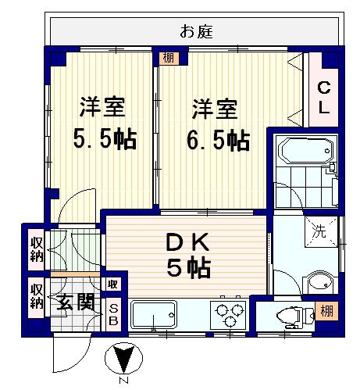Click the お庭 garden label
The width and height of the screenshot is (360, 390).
coord(197,31)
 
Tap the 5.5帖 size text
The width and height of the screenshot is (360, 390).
coord(105,139)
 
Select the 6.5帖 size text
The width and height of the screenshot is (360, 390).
coord(219,140)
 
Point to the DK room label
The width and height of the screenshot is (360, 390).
coord(187,242)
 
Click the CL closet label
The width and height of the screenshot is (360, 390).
coord(324,97)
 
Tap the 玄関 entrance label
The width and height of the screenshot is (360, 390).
coord(76,302)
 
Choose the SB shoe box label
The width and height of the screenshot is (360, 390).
coord(113,315)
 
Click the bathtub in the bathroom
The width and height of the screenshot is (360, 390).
coord(306,151)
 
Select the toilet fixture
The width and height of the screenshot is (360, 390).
coord(295,316)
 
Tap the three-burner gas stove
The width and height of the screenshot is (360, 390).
coord(229,315)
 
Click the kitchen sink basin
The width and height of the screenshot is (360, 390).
coord(154,315)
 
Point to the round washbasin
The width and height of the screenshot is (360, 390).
coord(319,282)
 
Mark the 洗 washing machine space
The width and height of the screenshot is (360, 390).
coord(321,231)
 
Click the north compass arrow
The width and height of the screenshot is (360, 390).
coord(124,359)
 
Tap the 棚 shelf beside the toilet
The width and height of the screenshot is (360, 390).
coord(326,311)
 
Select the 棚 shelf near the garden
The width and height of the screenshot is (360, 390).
coord(169,58)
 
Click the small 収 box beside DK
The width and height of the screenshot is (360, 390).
coord(113,284)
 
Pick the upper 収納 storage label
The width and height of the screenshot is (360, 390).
coord(36,249)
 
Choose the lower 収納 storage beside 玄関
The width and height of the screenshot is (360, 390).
coord(36,296)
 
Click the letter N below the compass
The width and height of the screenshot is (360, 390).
coord(124,381)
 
